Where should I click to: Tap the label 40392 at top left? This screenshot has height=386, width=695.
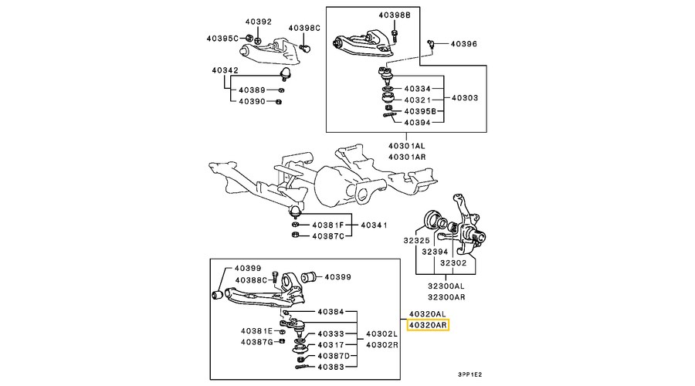tap(259, 22)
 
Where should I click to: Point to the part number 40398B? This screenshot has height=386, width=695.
tap(395, 15)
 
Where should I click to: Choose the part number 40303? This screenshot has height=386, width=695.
tap(465, 99)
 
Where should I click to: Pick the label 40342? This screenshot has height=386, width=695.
tap(225, 70)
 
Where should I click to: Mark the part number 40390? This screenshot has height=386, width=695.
tap(252, 101)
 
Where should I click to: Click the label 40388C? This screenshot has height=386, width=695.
tap(252, 279)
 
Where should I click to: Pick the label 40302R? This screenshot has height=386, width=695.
tap(382, 345)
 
